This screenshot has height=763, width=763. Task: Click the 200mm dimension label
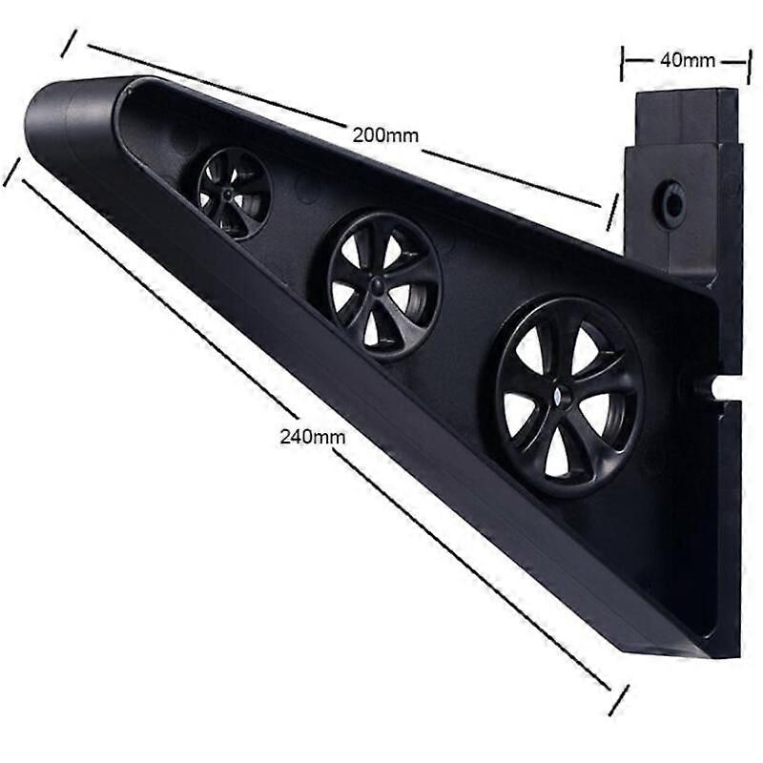pos(385,134)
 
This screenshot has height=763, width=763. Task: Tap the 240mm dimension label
pos(313,437)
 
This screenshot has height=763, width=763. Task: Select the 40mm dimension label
pos(688,60)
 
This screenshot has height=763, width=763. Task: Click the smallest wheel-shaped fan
pos(234,194)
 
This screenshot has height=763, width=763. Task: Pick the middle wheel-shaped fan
pos(384,286)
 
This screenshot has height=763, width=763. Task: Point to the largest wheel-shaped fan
pos(567,397)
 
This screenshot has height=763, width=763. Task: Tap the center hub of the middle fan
pos(377,283)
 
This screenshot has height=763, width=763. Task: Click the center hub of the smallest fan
pos(227,195)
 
